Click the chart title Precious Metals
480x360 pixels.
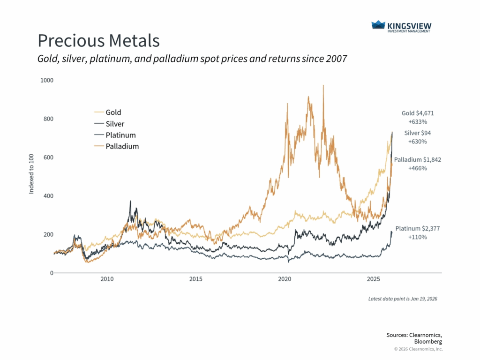98,41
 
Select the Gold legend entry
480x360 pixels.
113,112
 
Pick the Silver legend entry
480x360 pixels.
115,124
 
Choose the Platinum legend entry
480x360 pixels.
120,135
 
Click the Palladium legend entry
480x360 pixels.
122,146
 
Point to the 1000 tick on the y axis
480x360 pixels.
47,80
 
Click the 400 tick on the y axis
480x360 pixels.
48,196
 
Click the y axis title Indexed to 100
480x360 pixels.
32,177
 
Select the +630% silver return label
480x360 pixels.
417,142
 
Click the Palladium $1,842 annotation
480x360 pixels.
417,160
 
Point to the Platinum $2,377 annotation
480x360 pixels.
417,229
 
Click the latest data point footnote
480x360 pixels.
402,299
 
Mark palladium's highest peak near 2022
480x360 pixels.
323,86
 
